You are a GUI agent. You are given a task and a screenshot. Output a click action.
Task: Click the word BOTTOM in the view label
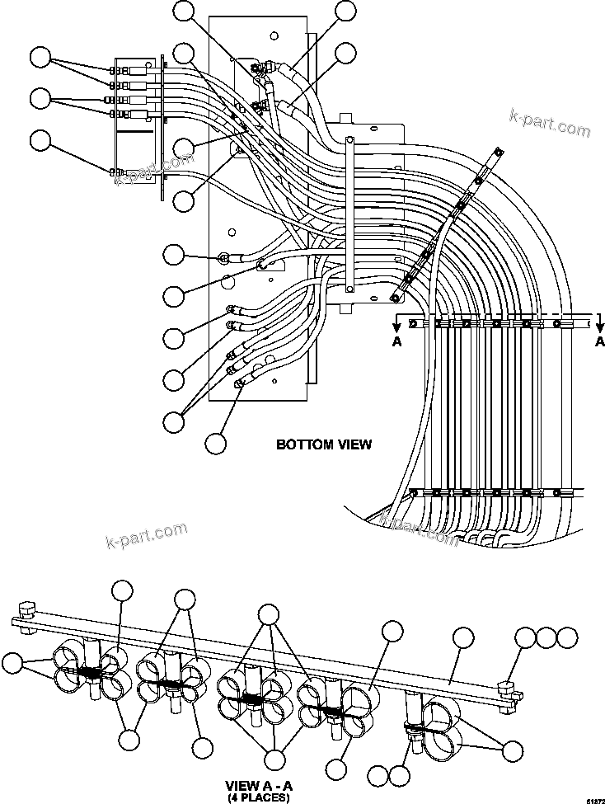tap(302, 444)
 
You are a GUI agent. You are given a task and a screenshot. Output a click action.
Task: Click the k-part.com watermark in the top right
tap(550, 125)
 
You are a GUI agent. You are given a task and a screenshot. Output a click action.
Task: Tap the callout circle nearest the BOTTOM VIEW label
tap(216, 443)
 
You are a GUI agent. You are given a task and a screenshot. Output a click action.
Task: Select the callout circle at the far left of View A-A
tap(12, 663)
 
